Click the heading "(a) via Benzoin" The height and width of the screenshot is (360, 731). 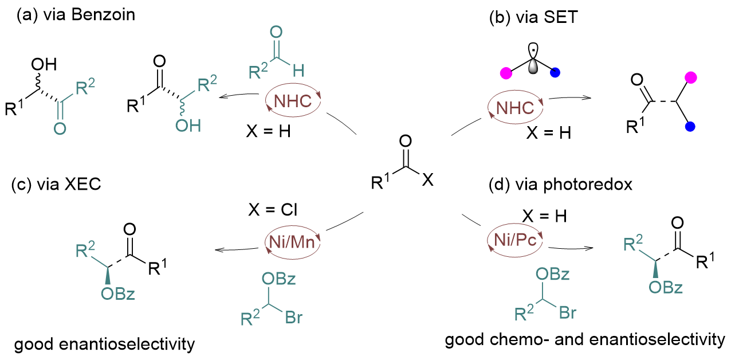[76, 15]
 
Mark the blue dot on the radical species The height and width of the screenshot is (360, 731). [555, 73]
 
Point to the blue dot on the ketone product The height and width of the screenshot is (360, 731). [691, 126]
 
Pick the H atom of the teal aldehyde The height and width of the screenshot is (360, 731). [298, 72]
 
